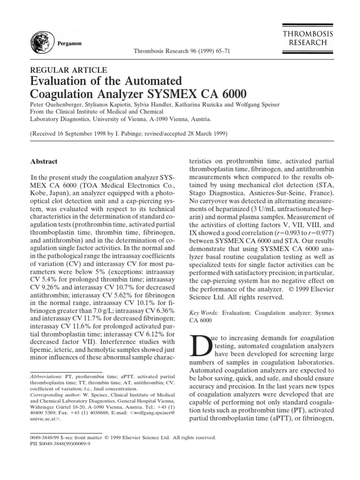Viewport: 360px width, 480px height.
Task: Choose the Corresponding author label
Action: (x=52, y=395)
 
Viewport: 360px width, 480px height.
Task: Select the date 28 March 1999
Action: (x=202, y=134)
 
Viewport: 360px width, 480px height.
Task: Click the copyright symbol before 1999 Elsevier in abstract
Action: (x=294, y=288)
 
